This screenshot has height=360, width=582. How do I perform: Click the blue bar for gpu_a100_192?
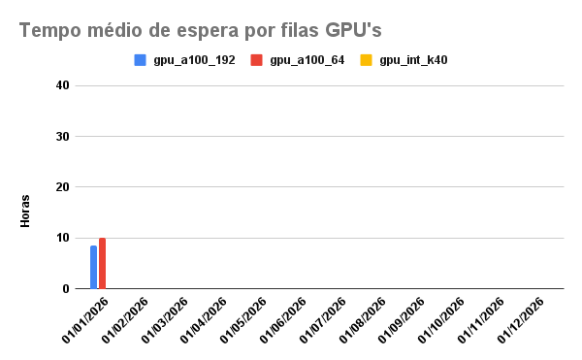point(93,267)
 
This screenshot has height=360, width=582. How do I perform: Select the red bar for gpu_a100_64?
point(102,263)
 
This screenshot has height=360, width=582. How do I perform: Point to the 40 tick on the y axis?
point(63,85)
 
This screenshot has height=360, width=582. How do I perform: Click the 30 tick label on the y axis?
point(63,136)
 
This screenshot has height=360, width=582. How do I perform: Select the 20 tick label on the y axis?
point(63,187)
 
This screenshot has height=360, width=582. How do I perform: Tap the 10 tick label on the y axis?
point(63,238)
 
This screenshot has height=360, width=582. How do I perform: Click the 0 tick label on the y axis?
point(66,288)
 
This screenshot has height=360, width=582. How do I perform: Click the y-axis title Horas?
point(26,212)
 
